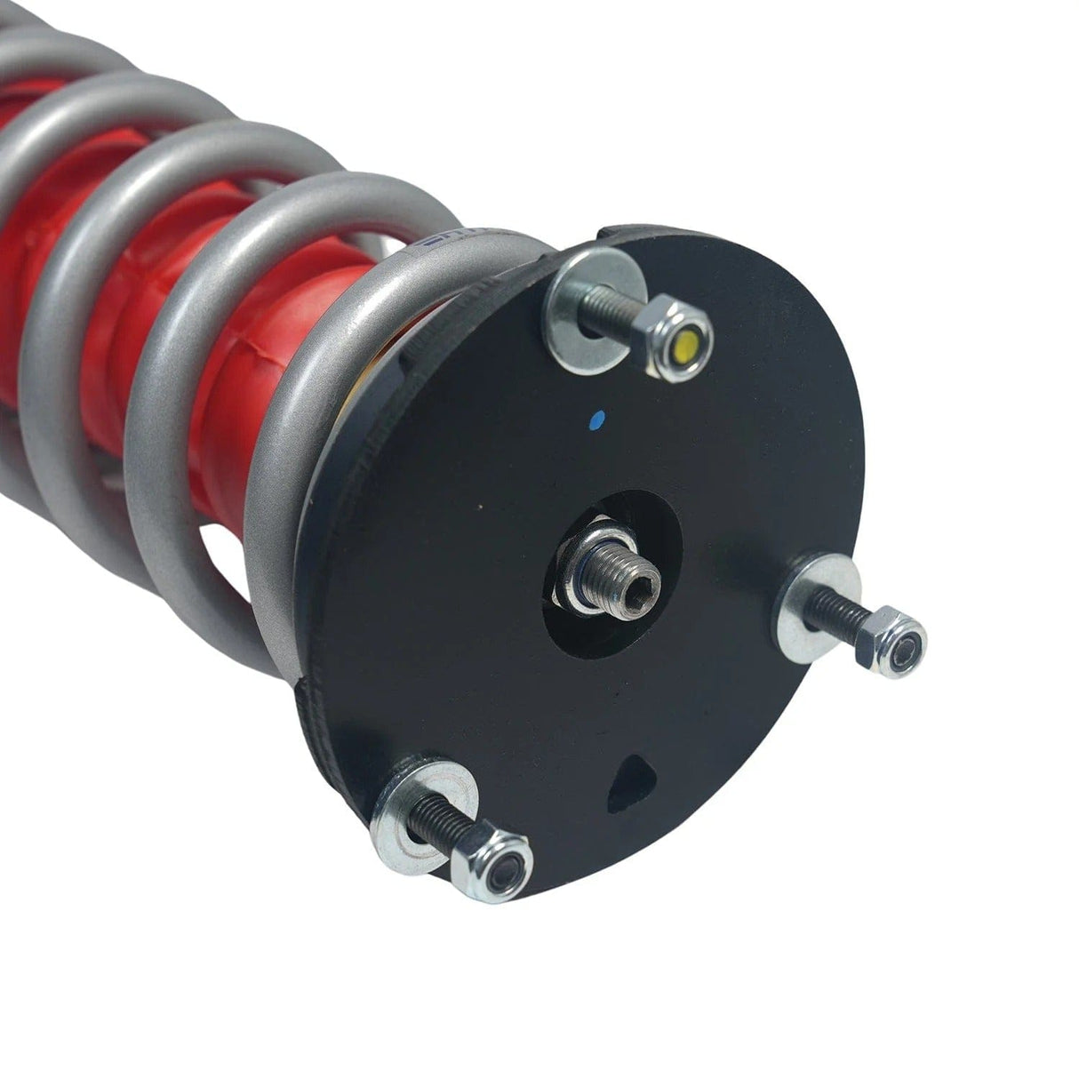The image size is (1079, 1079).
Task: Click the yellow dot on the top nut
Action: click(x=687, y=343)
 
